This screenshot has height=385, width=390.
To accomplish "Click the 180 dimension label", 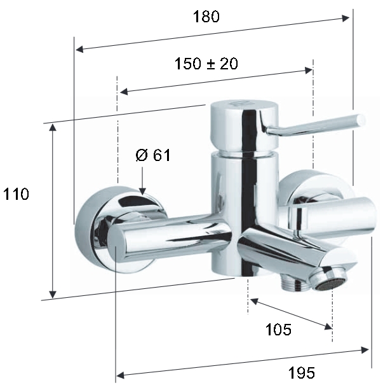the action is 206,17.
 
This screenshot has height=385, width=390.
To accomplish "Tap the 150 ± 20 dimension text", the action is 206,63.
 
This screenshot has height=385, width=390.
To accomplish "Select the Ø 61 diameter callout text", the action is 153,155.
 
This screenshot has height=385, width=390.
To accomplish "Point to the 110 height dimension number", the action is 16,194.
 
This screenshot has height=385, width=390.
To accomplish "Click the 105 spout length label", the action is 278,330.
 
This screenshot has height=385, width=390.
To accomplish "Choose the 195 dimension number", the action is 302,373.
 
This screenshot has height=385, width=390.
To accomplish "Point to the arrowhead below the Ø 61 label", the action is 142,191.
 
